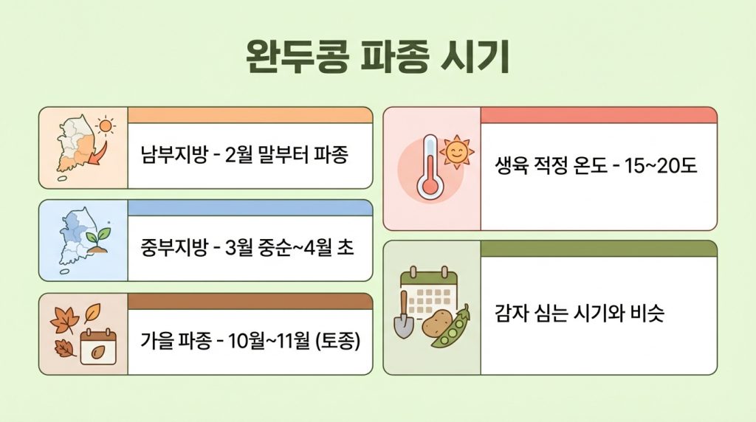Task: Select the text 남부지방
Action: point(169,156)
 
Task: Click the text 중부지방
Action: point(169,247)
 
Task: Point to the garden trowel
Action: point(404,317)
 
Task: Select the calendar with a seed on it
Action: point(99,346)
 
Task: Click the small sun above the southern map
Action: point(108,126)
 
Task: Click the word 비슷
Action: point(649,313)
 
